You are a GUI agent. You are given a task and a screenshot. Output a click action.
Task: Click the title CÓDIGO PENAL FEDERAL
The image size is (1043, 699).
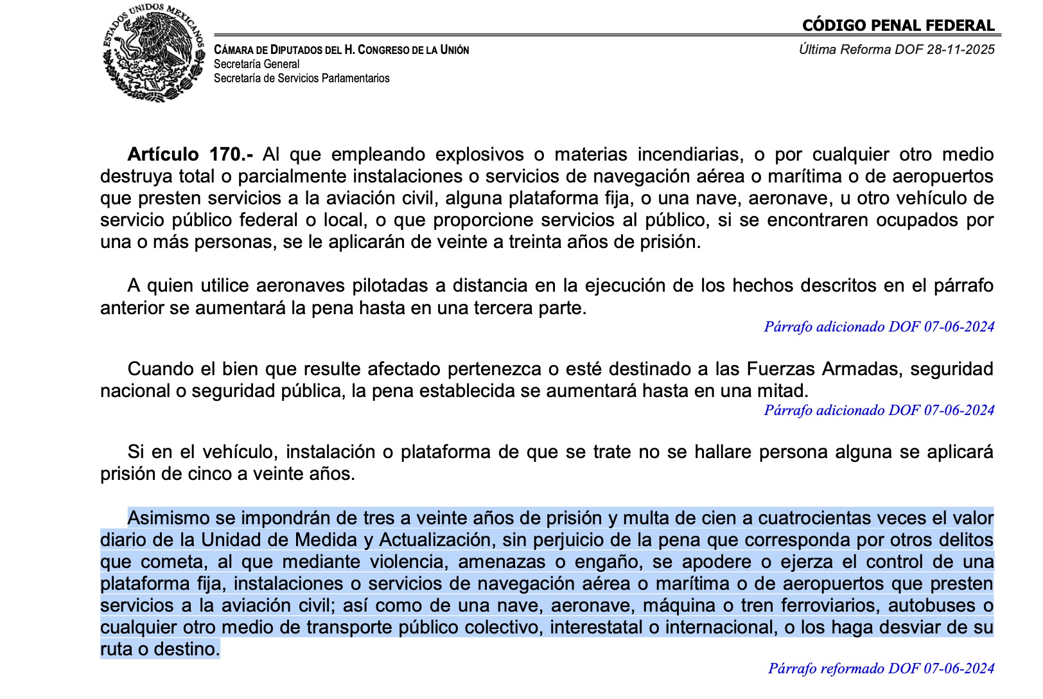(x=898, y=26)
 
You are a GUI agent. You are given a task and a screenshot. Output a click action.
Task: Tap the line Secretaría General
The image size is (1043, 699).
(x=256, y=64)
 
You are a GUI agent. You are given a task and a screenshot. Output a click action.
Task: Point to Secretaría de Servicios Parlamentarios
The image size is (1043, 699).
(x=301, y=78)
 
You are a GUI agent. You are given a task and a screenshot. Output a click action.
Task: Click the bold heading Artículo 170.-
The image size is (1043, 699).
(x=190, y=155)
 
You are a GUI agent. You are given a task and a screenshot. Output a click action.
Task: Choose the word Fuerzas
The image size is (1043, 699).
(x=778, y=369)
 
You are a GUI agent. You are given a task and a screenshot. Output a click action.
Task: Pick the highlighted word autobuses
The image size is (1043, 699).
(x=933, y=606)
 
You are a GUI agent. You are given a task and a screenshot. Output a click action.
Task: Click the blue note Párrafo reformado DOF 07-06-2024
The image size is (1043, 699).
(x=881, y=669)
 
